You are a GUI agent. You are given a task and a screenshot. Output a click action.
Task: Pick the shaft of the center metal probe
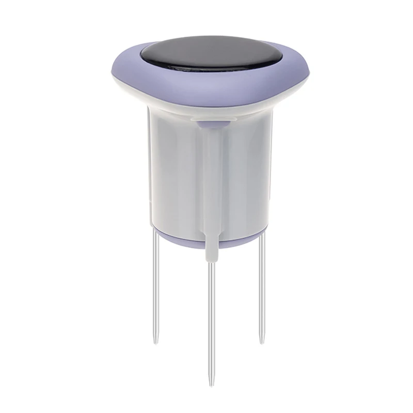[x=211, y=320]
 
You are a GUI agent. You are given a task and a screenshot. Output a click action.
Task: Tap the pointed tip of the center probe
[x=211, y=383]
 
